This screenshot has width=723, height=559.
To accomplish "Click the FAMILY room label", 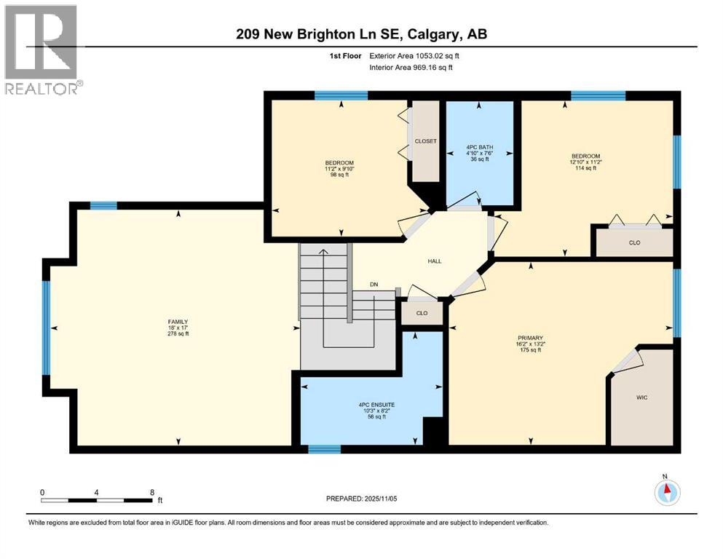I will click(x=178, y=322).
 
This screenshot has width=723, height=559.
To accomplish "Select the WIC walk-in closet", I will click(x=641, y=397).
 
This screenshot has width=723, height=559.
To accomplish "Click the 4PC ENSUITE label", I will click(x=371, y=405).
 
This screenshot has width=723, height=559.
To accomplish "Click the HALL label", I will click(x=435, y=261).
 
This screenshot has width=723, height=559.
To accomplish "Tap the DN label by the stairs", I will click(x=374, y=285).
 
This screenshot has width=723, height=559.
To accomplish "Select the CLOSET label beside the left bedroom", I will click(x=425, y=141).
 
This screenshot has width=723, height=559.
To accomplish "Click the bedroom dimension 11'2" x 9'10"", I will click(x=340, y=169).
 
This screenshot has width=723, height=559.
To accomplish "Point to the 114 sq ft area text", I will click(x=585, y=168).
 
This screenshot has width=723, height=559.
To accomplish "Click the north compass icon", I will click(x=667, y=492).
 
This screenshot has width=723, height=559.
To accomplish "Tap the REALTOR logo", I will click(x=42, y=50).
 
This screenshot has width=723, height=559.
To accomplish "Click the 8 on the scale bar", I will click(x=151, y=491).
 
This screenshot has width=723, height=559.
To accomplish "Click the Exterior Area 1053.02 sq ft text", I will click(x=414, y=55).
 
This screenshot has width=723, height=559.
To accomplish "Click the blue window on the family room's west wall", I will click(x=46, y=327).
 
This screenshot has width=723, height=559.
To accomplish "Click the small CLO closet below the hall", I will click(x=422, y=313).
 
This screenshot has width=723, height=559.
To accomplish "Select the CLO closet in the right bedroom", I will click(x=634, y=242).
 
